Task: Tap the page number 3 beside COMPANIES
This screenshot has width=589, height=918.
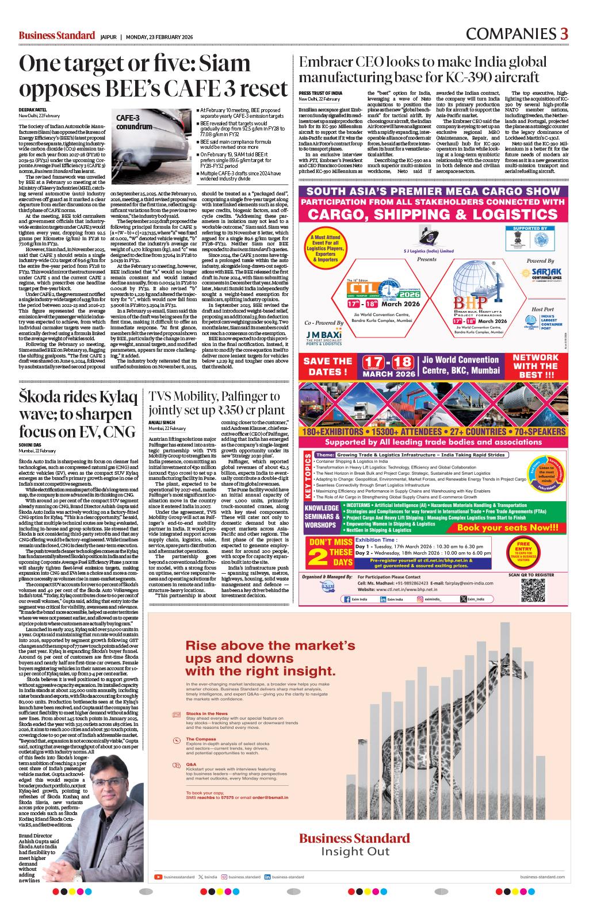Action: click(564, 34)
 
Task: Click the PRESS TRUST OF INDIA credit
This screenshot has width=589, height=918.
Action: click(320, 93)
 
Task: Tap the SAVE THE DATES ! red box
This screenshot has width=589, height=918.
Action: click(327, 366)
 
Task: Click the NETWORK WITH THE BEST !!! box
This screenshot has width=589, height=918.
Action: click(535, 366)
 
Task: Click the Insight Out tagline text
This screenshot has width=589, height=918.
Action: click(354, 851)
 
